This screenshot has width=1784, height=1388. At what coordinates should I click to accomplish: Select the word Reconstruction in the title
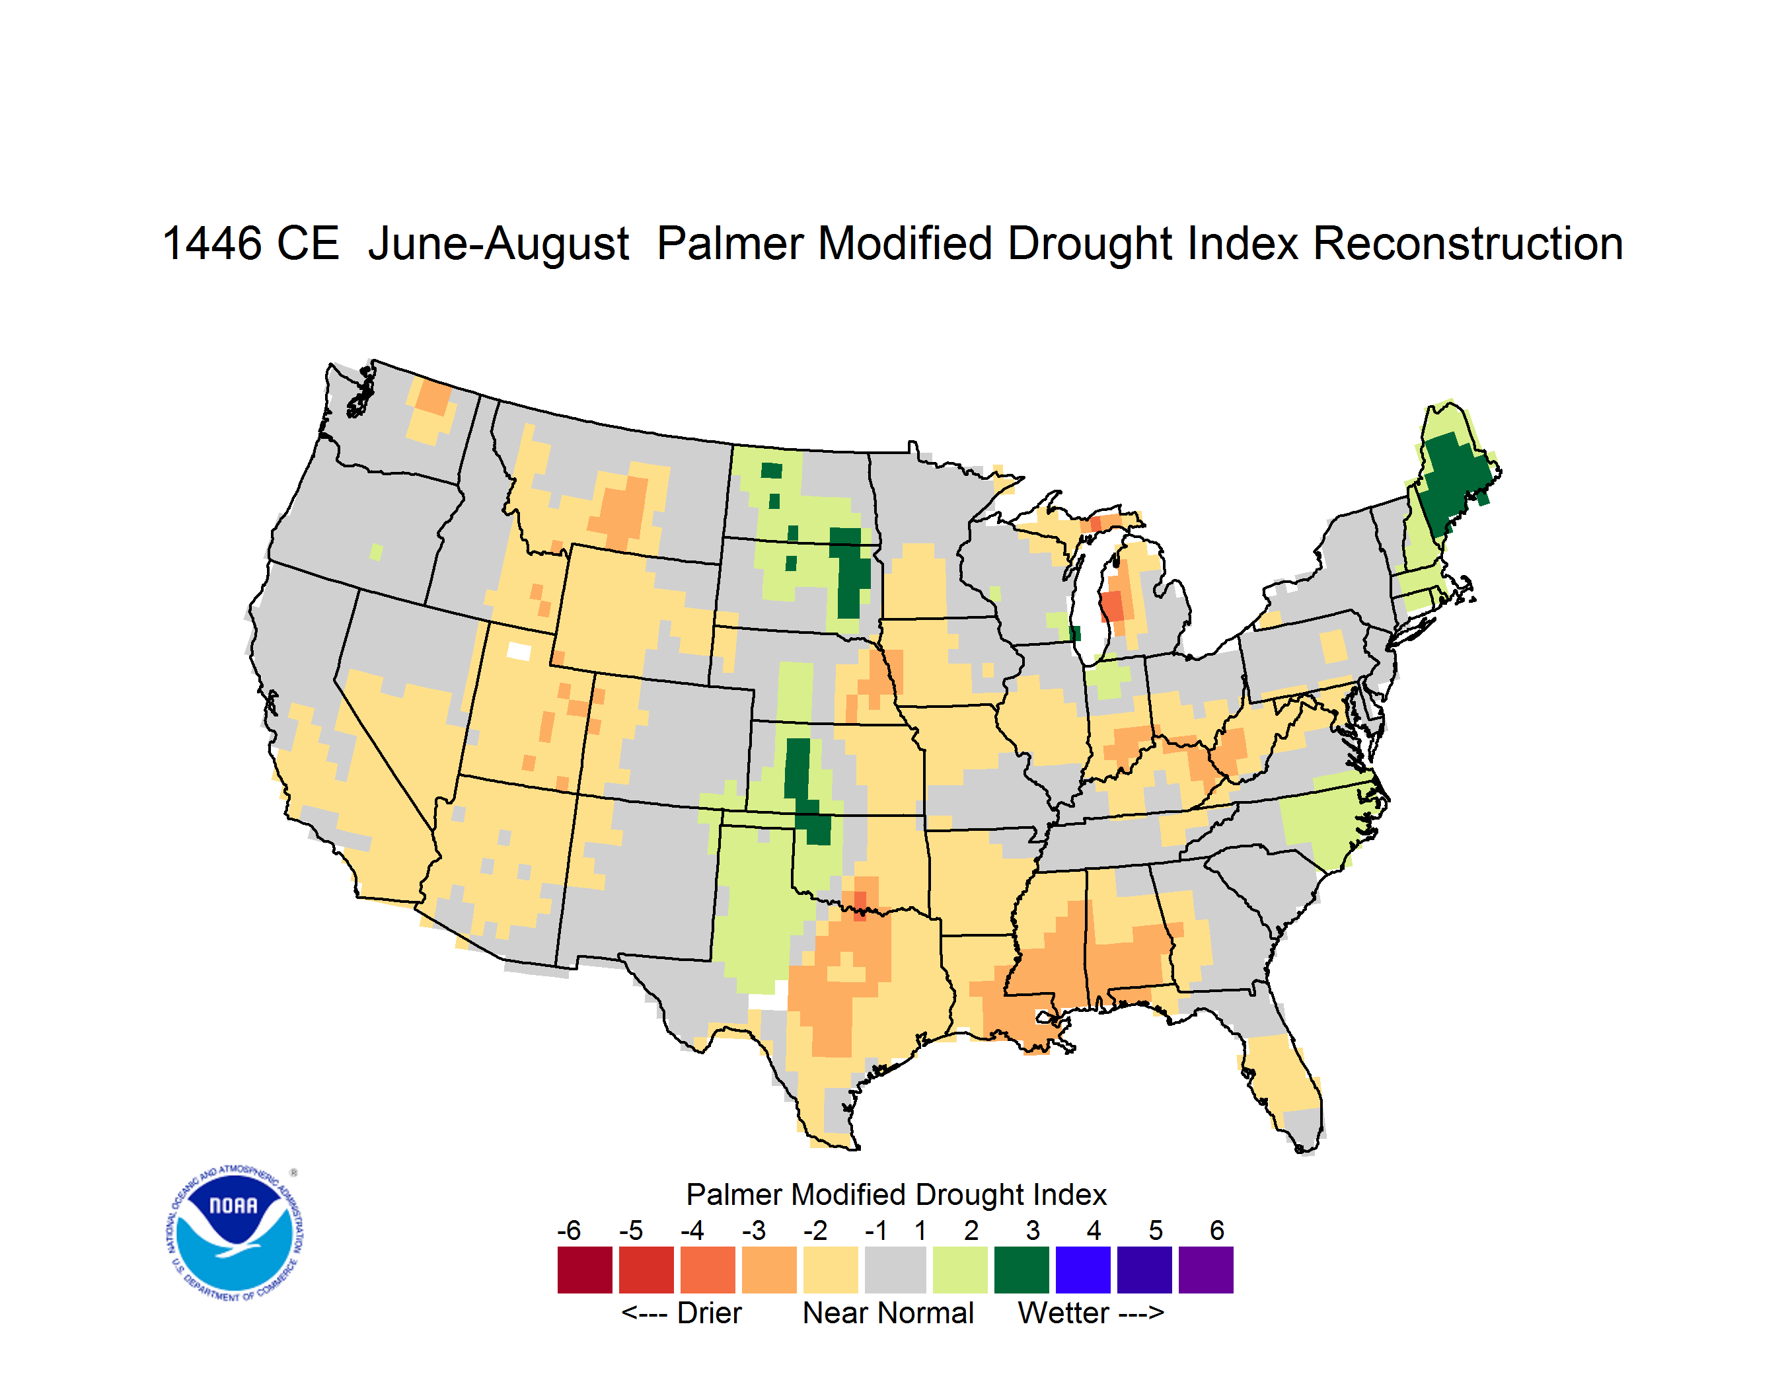click(1468, 243)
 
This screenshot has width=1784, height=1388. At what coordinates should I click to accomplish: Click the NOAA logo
click(235, 1233)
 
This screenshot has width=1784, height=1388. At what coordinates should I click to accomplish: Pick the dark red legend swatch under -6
click(585, 1270)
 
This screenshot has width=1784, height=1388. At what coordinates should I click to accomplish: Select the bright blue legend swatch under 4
click(1083, 1270)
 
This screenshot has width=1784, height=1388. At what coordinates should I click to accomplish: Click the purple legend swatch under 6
click(1206, 1270)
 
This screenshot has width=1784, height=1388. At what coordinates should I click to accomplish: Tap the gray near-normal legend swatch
click(895, 1270)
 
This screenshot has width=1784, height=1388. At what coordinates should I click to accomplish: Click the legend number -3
click(754, 1230)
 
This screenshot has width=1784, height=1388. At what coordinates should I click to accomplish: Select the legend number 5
click(1156, 1230)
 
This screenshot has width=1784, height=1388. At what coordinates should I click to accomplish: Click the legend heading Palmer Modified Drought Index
click(896, 1194)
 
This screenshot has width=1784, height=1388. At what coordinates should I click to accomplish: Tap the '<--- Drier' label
click(681, 1313)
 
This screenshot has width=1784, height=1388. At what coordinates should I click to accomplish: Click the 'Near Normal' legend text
click(888, 1313)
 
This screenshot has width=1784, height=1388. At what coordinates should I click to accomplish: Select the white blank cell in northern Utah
click(519, 651)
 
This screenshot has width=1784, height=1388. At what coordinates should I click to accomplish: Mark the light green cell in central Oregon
click(376, 553)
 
